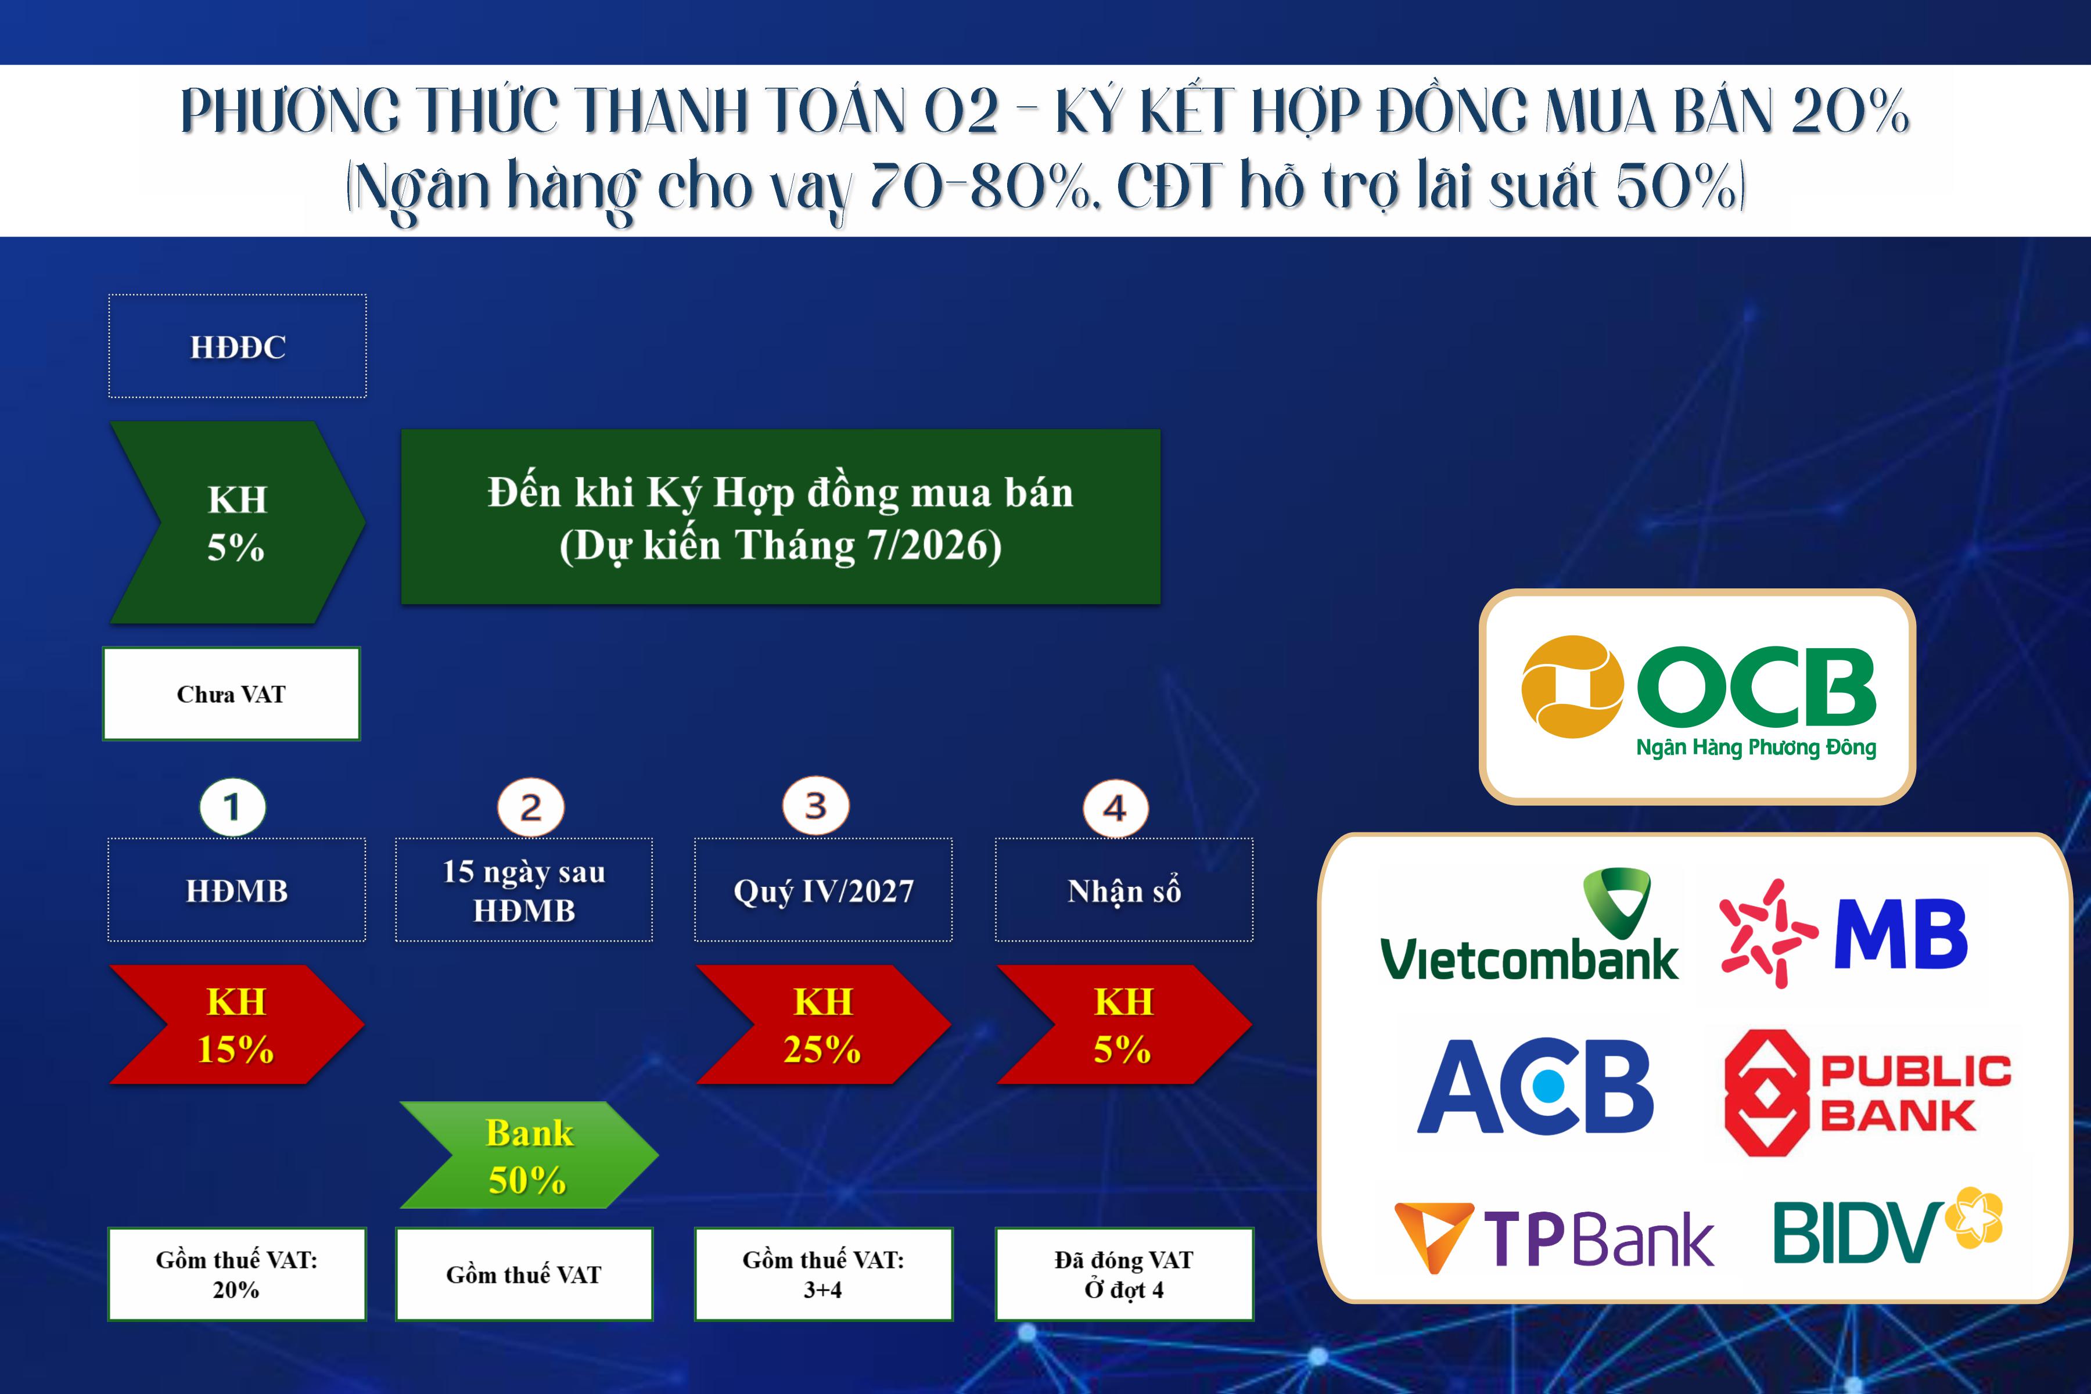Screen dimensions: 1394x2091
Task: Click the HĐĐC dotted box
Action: [238, 346]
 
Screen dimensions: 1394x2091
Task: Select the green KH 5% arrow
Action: [236, 523]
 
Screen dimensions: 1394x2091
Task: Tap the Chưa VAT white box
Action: [231, 694]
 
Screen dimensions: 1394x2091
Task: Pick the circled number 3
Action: [815, 806]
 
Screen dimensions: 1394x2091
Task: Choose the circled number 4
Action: [1115, 808]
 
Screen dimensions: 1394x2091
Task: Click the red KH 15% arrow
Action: [236, 1024]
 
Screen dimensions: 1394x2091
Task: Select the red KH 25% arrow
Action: [822, 1024]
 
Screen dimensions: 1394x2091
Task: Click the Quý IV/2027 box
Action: [823, 890]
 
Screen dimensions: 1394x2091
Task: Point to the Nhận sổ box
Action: [1124, 890]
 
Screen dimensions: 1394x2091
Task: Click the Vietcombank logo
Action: [1529, 929]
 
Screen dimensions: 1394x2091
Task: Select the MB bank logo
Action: [1845, 933]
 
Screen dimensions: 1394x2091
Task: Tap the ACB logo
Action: [1535, 1086]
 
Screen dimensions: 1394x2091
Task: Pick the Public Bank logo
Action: [1867, 1093]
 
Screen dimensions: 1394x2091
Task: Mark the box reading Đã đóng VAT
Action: [1124, 1274]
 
